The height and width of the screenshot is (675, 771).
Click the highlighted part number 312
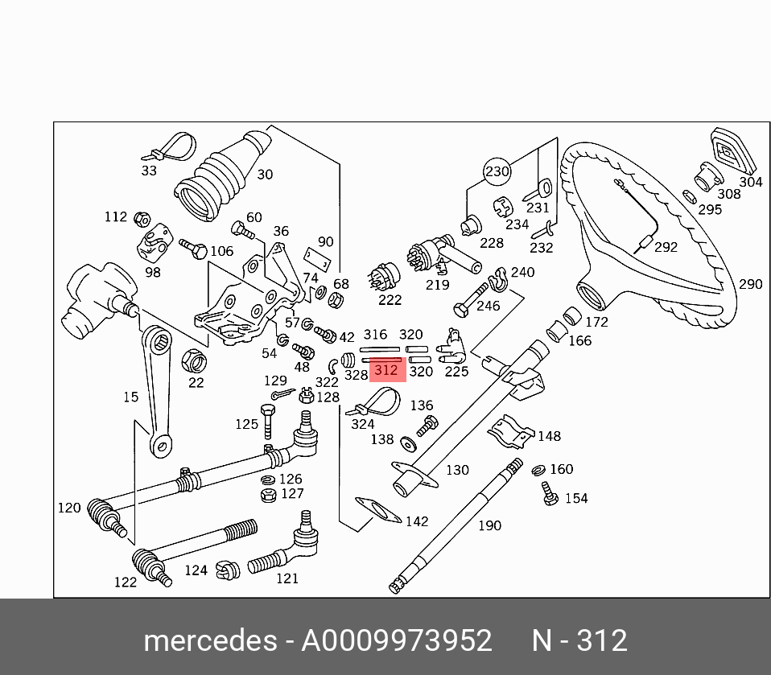click(x=386, y=370)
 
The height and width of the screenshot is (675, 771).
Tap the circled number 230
click(x=497, y=171)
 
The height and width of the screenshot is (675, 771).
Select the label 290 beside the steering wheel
click(x=750, y=284)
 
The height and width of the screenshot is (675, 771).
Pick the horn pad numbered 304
click(x=728, y=150)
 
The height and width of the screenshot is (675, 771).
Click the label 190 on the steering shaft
click(x=489, y=525)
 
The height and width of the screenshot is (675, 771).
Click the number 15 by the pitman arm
click(x=130, y=397)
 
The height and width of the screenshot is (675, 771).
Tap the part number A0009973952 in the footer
click(x=396, y=641)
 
